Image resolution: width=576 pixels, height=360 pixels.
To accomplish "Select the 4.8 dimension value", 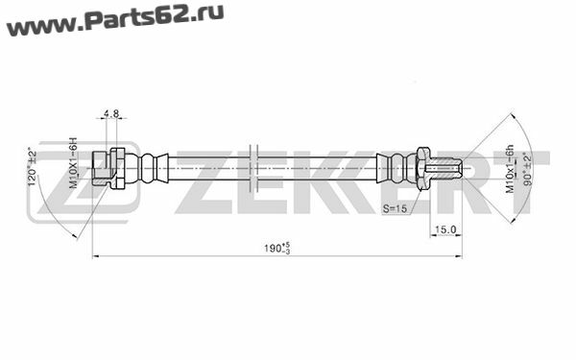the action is tap(111, 113).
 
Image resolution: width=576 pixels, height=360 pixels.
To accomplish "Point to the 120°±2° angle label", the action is tap(33, 166).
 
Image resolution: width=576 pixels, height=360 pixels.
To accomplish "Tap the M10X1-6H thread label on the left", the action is tap(74, 163).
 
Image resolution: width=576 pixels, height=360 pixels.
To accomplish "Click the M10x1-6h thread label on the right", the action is tap(510, 169).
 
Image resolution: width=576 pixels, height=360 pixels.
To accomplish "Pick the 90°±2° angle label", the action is tap(528, 170).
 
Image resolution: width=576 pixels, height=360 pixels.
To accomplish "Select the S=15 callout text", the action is tap(395, 208).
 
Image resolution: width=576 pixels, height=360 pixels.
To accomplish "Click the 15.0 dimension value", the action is tap(445, 229).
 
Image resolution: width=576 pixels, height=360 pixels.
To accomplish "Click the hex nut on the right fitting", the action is tap(422, 168).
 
